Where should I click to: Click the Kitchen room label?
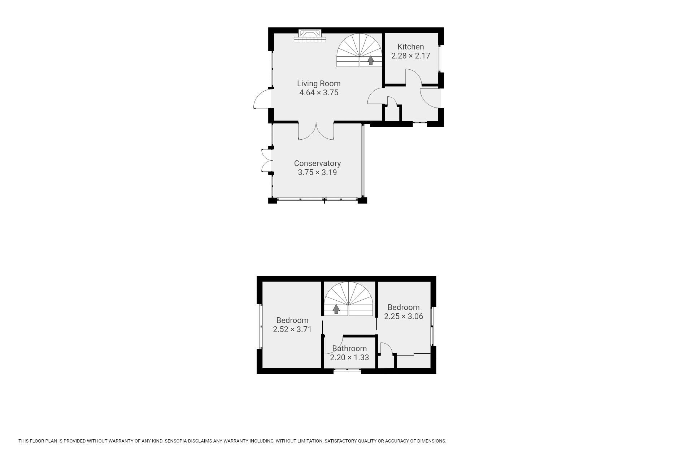click(x=410, y=47)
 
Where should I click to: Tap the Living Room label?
click(x=319, y=84)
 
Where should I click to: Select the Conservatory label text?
click(x=317, y=164)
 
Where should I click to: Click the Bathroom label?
click(x=349, y=348)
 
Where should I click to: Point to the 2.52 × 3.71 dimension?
click(x=292, y=329)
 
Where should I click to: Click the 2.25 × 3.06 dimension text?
click(x=404, y=316)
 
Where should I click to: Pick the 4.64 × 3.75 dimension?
click(x=319, y=93)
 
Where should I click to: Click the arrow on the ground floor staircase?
click(x=370, y=60)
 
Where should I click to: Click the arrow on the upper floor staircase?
click(x=336, y=309)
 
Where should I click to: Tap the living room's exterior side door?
click(x=262, y=98)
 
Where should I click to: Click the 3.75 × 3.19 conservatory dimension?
click(x=317, y=173)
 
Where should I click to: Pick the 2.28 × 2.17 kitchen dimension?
click(x=411, y=56)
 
